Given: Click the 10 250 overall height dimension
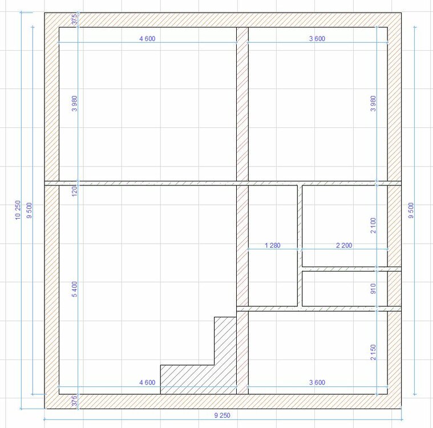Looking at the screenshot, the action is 18,210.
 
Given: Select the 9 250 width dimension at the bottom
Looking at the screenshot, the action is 222,415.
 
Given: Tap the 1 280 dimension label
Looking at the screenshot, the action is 273,245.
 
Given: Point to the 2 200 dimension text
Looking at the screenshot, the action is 344,245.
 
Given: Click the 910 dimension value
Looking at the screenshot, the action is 373,288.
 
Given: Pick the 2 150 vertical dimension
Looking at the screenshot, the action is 373,352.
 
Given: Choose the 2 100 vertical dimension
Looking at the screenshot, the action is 373,225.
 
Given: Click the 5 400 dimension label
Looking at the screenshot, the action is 74,289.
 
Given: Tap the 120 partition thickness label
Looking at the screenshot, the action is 74,191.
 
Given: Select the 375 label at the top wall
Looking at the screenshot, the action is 74,19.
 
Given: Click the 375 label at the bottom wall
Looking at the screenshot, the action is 74,401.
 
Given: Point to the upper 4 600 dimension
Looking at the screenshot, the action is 147,39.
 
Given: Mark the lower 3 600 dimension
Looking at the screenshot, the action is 317,382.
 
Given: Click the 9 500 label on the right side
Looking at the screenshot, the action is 411,211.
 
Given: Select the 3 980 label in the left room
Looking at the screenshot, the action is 74,104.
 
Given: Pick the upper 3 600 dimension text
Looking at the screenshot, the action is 317,39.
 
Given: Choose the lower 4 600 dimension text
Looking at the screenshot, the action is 147,382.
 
